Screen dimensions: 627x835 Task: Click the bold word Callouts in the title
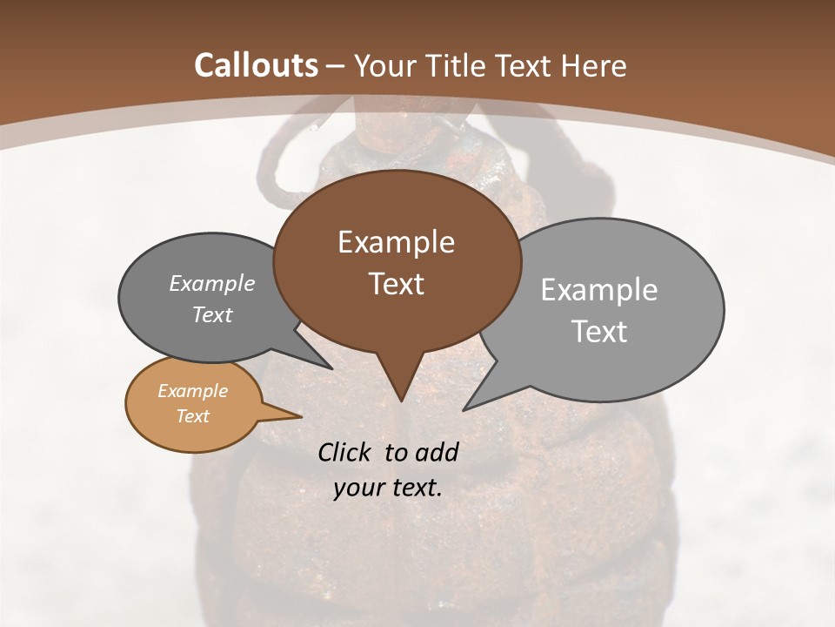pyautogui.click(x=256, y=65)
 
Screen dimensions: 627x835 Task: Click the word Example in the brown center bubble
pyautogui.click(x=396, y=242)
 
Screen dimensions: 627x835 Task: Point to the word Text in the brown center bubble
pyautogui.click(x=396, y=283)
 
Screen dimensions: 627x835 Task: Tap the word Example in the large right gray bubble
pyautogui.click(x=599, y=290)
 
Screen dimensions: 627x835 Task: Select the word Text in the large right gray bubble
pyautogui.click(x=599, y=332)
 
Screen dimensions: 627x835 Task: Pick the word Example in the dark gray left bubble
pyautogui.click(x=212, y=283)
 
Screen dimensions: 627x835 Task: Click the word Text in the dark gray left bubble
pyautogui.click(x=212, y=314)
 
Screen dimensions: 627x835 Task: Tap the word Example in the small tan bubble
pyautogui.click(x=192, y=391)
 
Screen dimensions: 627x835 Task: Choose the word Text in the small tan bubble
pyautogui.click(x=192, y=416)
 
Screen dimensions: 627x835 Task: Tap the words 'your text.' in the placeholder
pyautogui.click(x=388, y=488)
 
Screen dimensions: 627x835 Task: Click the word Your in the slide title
pyautogui.click(x=385, y=65)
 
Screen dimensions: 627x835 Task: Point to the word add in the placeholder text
pyautogui.click(x=437, y=452)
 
